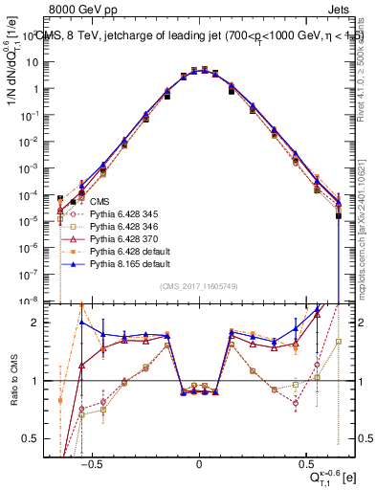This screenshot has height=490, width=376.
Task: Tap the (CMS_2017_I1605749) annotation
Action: [198, 288]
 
